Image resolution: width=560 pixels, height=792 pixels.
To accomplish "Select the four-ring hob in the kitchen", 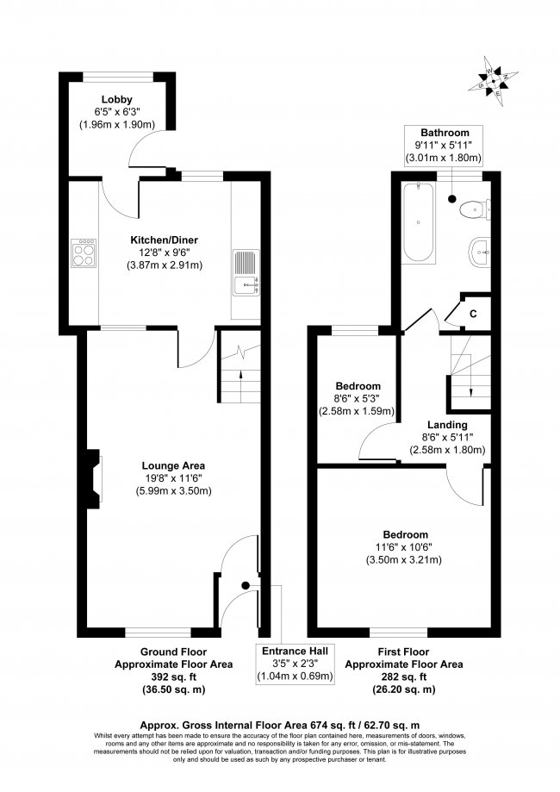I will pyautogui.click(x=84, y=253).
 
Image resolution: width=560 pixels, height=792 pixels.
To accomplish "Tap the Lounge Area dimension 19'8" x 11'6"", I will pyautogui.click(x=173, y=478).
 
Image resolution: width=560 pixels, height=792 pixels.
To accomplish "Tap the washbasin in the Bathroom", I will pyautogui.click(x=478, y=253).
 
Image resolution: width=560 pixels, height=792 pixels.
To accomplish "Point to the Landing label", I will pyautogui.click(x=447, y=425).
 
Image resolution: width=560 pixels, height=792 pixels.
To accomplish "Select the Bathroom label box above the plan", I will pyautogui.click(x=443, y=145).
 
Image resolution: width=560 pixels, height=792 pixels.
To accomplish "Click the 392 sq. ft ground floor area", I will pyautogui.click(x=161, y=677).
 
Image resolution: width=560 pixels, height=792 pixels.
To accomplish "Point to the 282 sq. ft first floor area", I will pyautogui.click(x=404, y=677).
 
